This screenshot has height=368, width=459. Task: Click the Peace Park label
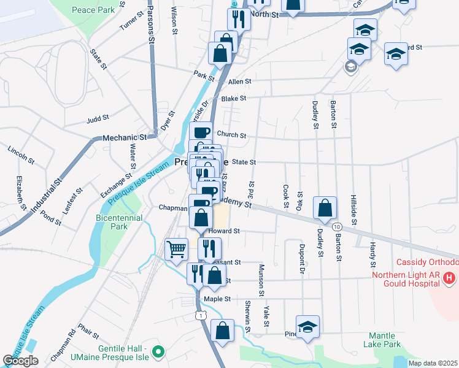93,10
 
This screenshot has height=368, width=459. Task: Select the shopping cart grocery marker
177,249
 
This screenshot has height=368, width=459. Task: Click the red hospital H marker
450,278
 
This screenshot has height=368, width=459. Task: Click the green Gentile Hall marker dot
158,351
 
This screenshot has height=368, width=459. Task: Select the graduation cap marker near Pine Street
307,327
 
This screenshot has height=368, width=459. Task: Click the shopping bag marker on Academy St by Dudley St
325,207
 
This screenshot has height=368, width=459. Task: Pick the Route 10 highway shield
337,227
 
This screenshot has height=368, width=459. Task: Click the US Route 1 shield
200,315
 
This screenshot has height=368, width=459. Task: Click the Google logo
20,361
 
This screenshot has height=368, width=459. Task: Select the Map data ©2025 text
433,363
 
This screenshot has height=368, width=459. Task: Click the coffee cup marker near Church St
201,132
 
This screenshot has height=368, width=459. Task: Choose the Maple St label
217,299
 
